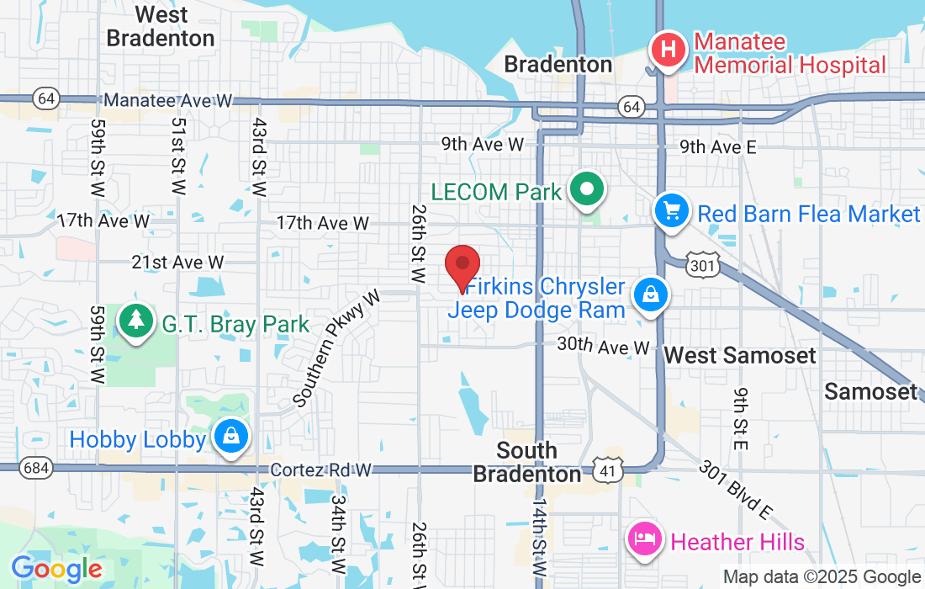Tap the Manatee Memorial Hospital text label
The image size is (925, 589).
point(789,53)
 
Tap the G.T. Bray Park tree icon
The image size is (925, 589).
point(135,321)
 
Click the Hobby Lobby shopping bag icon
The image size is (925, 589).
point(229,436)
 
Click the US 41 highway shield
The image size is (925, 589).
point(606,470)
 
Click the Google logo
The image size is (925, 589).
point(56,569)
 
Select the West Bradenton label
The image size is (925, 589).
point(161,26)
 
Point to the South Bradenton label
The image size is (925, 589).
point(526,462)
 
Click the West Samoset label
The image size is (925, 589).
point(739,355)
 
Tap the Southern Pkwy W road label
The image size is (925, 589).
point(337,348)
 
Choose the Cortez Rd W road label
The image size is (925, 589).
point(321,471)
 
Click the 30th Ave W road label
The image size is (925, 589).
point(604,346)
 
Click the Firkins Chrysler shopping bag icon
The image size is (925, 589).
point(652,294)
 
